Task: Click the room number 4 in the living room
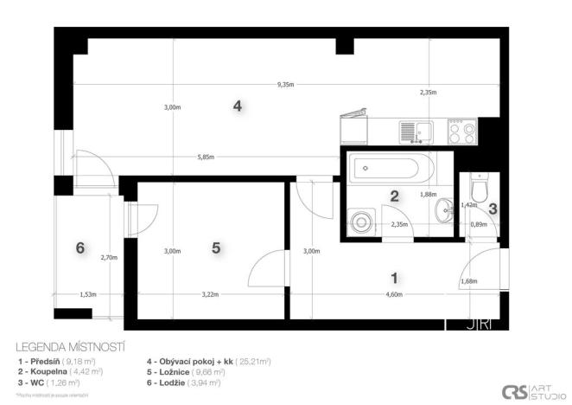(x=237, y=106)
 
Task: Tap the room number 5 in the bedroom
(x=216, y=247)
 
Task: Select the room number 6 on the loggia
(x=80, y=247)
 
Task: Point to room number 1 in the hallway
(x=395, y=278)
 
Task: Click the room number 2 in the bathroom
(x=394, y=196)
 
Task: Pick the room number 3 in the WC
(x=493, y=208)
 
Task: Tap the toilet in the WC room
(x=480, y=186)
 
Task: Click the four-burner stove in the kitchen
(x=462, y=132)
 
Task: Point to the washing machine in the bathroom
(x=361, y=221)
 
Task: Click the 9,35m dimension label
(x=285, y=85)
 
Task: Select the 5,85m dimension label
(x=205, y=157)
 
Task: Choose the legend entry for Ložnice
(x=184, y=371)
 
